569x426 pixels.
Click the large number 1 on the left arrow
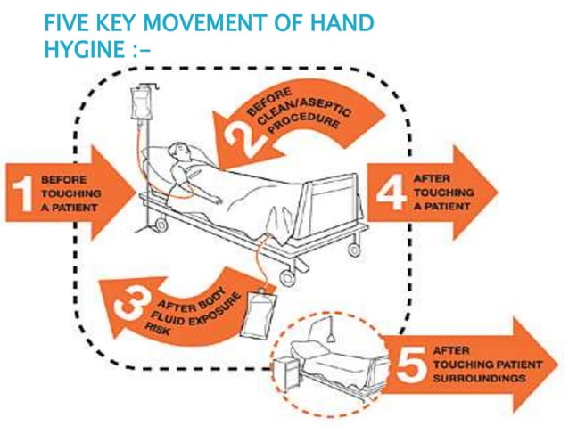click(23, 193)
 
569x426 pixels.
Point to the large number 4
click(392, 193)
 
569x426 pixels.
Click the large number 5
click(411, 365)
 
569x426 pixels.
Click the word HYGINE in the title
click(85, 49)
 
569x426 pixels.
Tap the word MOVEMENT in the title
click(204, 23)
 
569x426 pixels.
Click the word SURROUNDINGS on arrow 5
click(479, 379)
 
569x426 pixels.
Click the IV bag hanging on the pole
click(140, 104)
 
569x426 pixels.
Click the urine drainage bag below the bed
click(259, 314)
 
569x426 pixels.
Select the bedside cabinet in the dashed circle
click(286, 373)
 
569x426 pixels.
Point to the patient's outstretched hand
click(217, 201)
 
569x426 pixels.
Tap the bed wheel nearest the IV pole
click(161, 225)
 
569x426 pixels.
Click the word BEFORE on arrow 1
click(64, 180)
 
